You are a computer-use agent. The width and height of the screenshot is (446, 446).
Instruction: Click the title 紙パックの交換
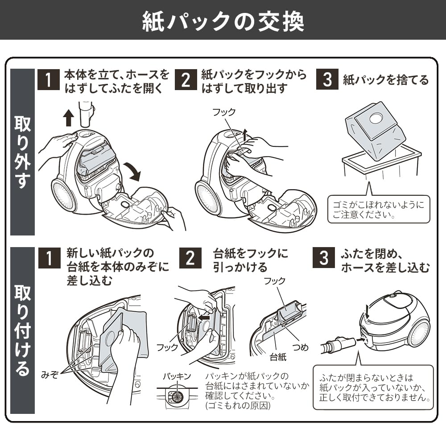click(223, 20)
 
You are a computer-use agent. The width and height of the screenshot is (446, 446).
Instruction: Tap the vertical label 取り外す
click(22, 152)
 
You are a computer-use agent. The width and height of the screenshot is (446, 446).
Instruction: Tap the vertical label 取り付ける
click(22, 330)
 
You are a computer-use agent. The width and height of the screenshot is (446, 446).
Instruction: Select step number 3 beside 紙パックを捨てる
click(327, 80)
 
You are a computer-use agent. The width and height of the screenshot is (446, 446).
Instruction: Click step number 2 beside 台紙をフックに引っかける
click(190, 257)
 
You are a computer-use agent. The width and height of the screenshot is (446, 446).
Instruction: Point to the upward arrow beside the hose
click(68, 118)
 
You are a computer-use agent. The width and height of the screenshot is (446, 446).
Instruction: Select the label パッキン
click(177, 376)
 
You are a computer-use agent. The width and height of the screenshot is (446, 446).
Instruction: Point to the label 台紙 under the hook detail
click(278, 357)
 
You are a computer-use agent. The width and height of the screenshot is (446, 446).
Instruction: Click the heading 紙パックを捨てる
click(385, 80)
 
